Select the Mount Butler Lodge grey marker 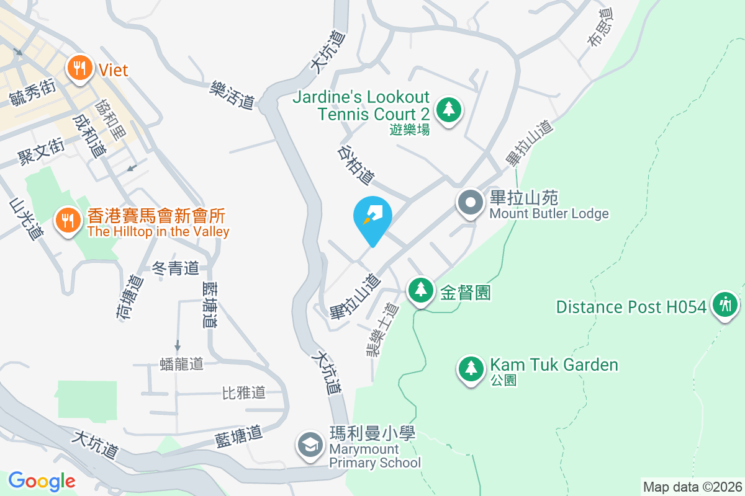471,203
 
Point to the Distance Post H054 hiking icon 724,304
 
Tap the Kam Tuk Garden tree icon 471,368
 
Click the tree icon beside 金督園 420,290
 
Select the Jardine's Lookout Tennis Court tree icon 448,110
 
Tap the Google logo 42,481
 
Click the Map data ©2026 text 692,487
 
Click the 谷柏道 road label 356,165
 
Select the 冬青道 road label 176,268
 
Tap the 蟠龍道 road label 181,364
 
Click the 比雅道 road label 244,392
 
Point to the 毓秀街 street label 32,94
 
